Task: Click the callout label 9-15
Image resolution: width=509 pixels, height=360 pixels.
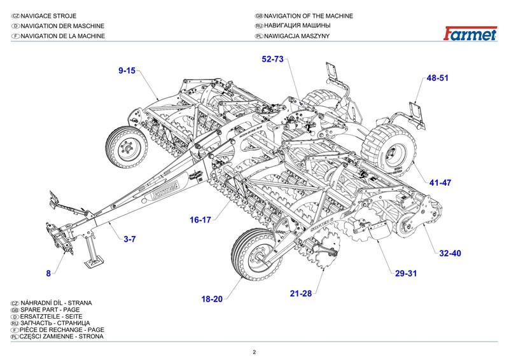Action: coord(127,71)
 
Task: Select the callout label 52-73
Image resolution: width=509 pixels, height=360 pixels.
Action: coord(272,59)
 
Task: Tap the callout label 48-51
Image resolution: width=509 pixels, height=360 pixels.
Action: coord(438,78)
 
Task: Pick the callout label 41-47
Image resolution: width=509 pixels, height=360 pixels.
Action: coord(440,183)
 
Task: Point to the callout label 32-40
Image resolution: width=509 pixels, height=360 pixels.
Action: coord(450,253)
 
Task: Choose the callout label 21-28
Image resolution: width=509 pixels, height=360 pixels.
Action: coord(301,293)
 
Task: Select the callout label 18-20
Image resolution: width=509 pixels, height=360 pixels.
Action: coord(212,298)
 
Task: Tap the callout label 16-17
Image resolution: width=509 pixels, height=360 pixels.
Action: coord(199,219)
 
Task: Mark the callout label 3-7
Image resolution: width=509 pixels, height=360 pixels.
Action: coord(130,239)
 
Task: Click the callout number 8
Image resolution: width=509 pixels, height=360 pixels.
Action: coord(48,273)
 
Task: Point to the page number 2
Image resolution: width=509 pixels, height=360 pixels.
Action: coord(254,352)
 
